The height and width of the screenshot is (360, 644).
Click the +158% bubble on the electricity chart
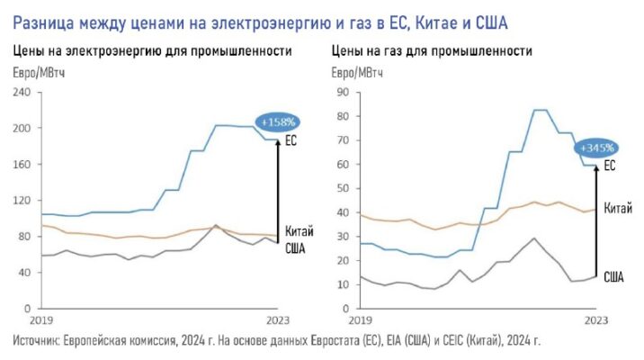277,121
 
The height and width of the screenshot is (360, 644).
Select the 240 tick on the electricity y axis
21,92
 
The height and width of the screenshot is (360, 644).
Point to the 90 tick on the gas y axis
341,92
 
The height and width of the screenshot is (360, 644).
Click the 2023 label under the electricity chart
279,320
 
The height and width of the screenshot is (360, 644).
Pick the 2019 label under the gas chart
360,320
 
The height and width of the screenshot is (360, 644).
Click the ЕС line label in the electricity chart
291,141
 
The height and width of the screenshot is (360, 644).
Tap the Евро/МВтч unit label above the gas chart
358,72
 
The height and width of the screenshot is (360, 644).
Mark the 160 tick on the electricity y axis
21,164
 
